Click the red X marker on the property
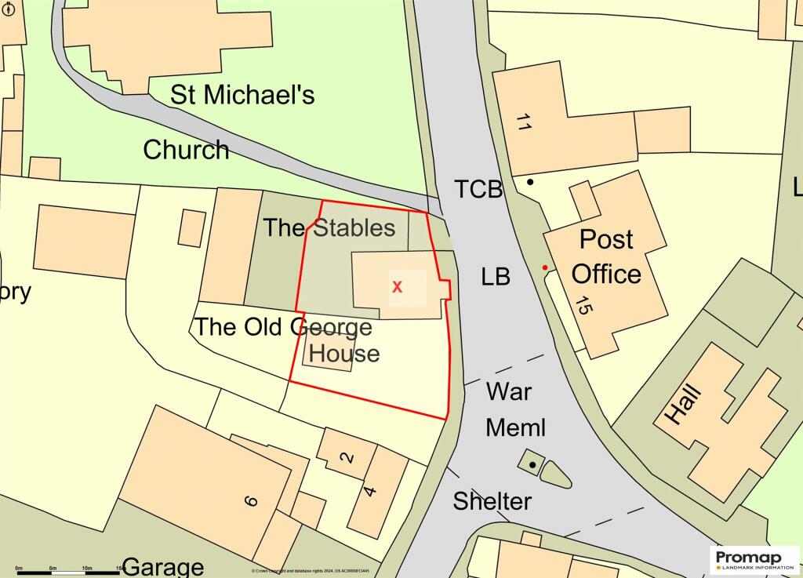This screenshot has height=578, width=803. pyautogui.click(x=397, y=287)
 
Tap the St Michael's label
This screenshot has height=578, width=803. pyautogui.click(x=242, y=95)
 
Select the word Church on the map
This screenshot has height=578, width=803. pyautogui.click(x=186, y=150)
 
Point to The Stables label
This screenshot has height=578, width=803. pyautogui.click(x=329, y=228)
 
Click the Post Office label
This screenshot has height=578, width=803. pyautogui.click(x=606, y=256)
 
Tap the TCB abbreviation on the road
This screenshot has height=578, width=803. pyautogui.click(x=478, y=189)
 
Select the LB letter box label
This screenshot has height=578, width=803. pyautogui.click(x=496, y=277)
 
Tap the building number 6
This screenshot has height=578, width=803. pyautogui.click(x=250, y=501)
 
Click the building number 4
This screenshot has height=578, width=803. pyautogui.click(x=370, y=492)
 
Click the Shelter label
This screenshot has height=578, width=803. pyautogui.click(x=492, y=501)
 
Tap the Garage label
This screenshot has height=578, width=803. pyautogui.click(x=163, y=566)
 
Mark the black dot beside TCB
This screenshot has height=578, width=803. pyautogui.click(x=531, y=182)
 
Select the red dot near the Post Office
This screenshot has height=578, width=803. pyautogui.click(x=545, y=268)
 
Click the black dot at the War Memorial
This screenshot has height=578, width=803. pyautogui.click(x=532, y=465)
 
